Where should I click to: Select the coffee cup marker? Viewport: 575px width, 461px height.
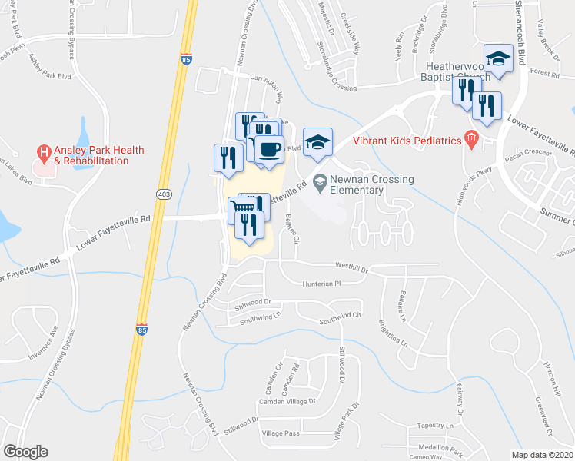268,150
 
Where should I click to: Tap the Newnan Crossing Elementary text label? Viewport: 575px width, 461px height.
372,184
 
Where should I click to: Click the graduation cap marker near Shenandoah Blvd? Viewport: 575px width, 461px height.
498,58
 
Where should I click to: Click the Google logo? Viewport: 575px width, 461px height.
26,452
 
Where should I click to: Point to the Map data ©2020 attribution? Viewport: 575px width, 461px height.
541,455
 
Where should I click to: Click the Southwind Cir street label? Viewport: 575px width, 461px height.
341,316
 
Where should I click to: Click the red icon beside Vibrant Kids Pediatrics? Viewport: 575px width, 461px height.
471,140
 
